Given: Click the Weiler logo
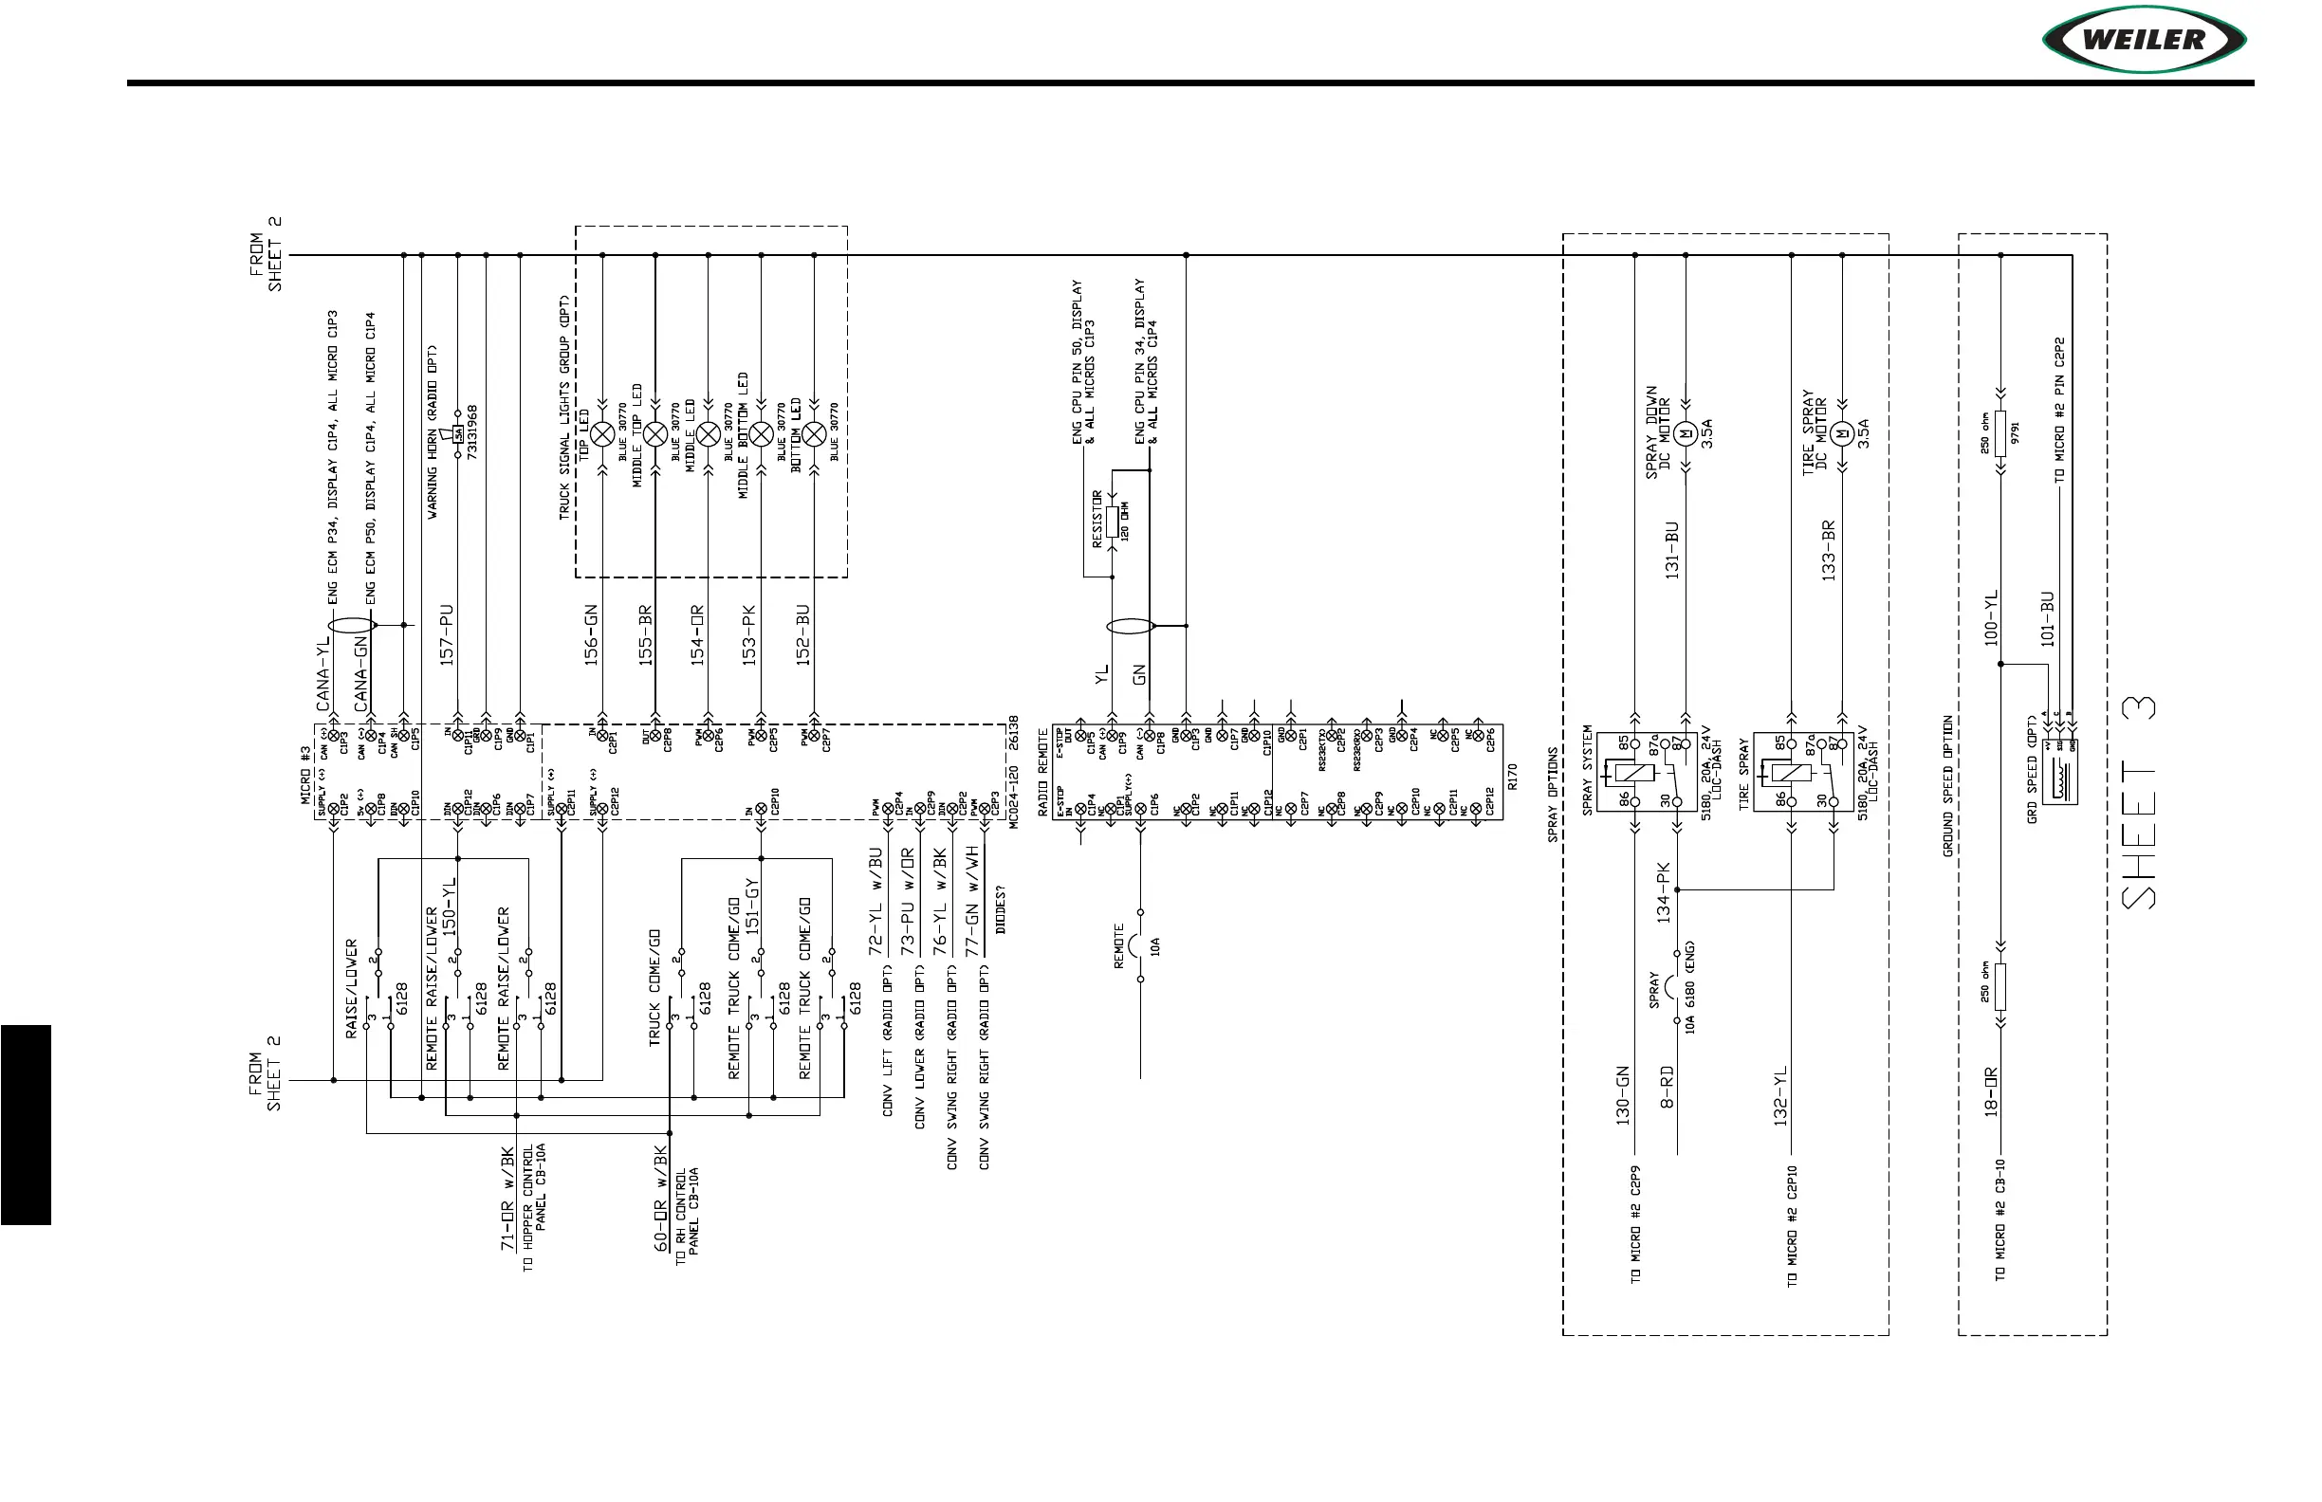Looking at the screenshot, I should click(x=2144, y=40).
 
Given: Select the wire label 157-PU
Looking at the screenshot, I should click(x=447, y=635).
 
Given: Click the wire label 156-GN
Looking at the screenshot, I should click(x=591, y=635).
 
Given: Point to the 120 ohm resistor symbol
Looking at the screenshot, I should click(x=1111, y=521).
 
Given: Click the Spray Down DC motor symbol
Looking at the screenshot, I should click(x=1685, y=433).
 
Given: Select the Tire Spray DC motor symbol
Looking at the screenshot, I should click(x=1842, y=433).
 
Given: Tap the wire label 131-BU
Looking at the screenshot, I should click(x=1672, y=550).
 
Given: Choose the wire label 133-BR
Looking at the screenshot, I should click(x=1829, y=550).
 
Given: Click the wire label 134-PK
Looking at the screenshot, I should click(x=1664, y=892).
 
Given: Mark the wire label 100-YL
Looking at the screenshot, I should click(x=1991, y=617).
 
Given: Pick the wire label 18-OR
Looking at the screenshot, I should click(x=1991, y=1091).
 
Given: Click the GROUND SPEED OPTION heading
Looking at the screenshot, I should click(x=1948, y=786).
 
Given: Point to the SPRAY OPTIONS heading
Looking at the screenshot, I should click(x=1553, y=795).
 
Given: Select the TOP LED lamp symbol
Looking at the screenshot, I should click(x=602, y=434).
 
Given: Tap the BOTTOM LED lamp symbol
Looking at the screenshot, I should click(x=814, y=434).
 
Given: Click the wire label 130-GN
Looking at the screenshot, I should click(x=1624, y=1095).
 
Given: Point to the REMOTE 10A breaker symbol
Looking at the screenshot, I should click(x=1137, y=945).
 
